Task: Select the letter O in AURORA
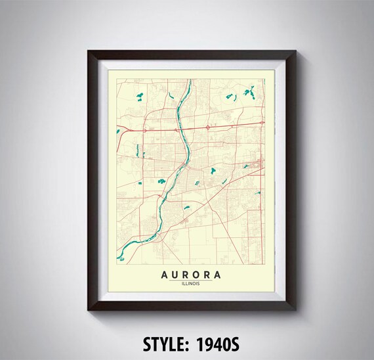(x=195, y=275)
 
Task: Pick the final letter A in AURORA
(x=217, y=275)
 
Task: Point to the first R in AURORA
(x=184, y=275)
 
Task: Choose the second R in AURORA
(x=206, y=275)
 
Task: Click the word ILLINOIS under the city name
(x=190, y=284)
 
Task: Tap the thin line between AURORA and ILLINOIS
(x=190, y=280)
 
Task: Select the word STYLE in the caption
(x=164, y=343)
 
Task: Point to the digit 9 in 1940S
(x=211, y=343)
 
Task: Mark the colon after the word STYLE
(x=190, y=344)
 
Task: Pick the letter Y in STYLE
(x=159, y=343)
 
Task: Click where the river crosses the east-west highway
(x=182, y=129)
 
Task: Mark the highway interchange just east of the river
(x=208, y=127)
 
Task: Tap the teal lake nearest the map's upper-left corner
(x=138, y=97)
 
